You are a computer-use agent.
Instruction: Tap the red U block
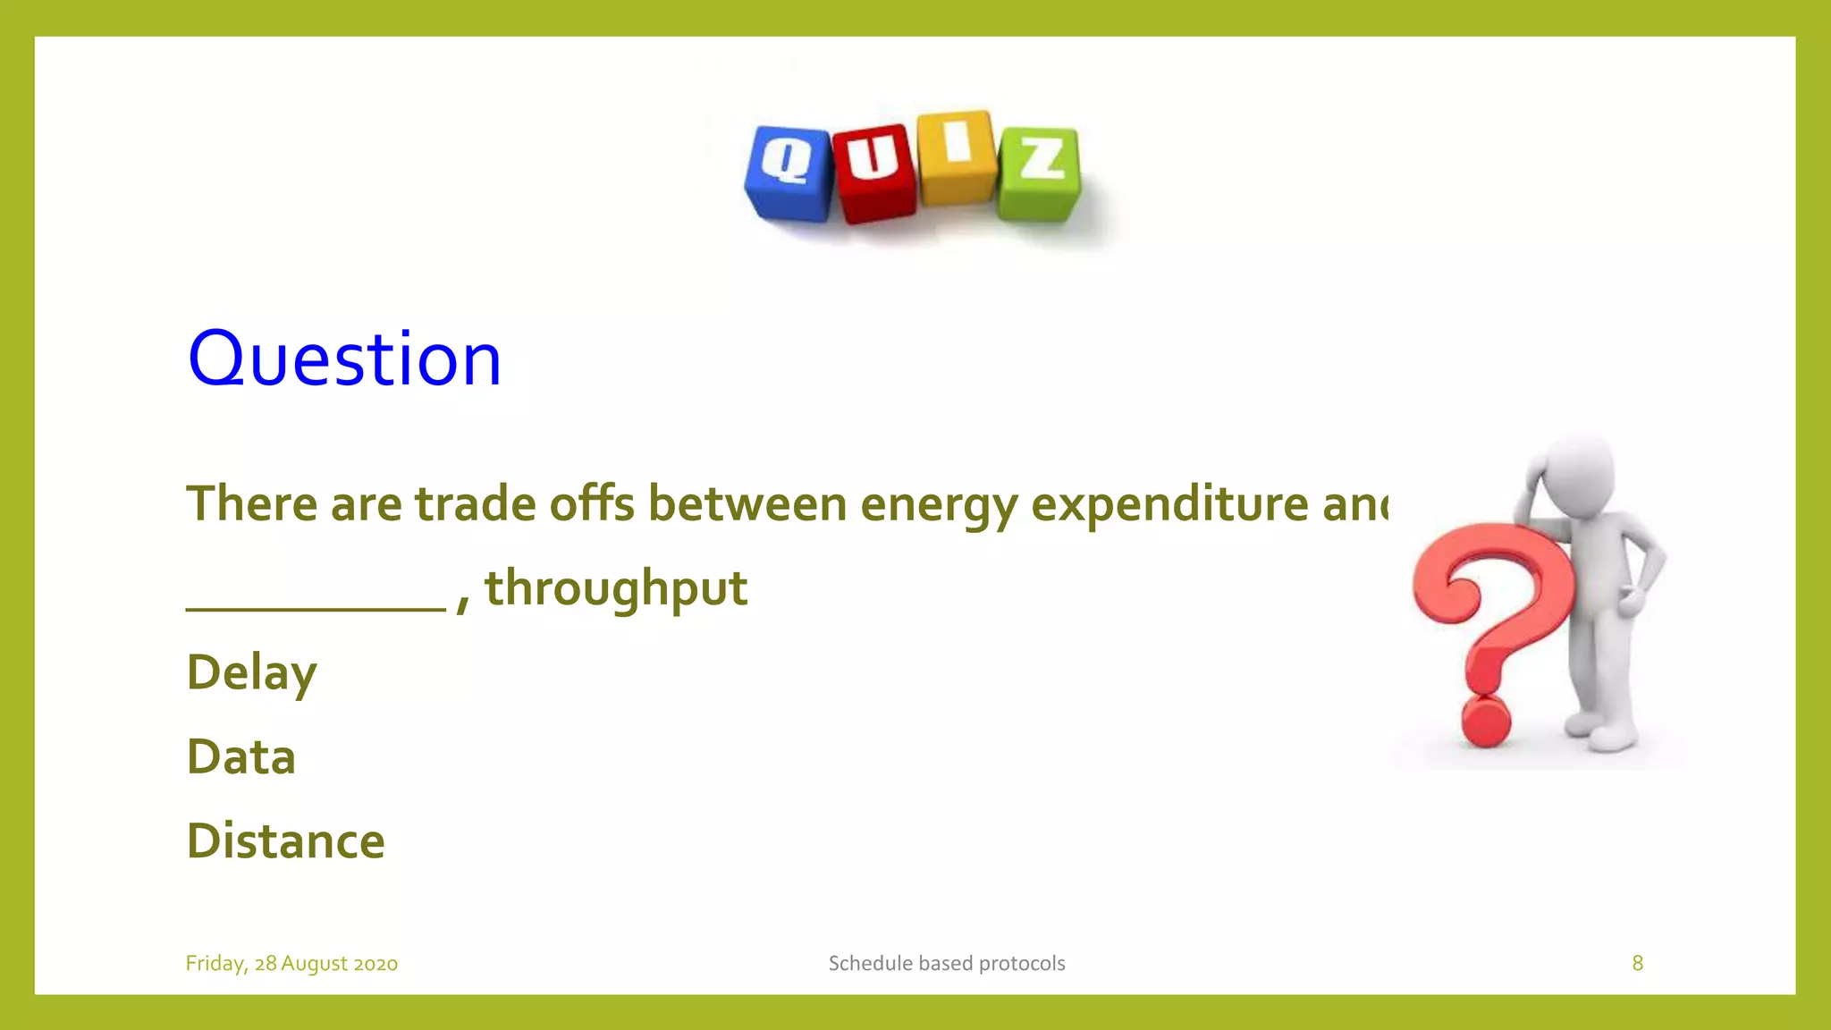(873, 173)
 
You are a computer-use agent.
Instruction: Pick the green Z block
(1040, 173)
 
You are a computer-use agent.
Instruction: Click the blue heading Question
(344, 359)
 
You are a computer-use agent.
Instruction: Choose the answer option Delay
(251, 673)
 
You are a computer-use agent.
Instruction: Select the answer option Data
(240, 757)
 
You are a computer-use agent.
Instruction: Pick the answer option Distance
(285, 841)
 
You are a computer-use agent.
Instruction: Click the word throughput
(615, 589)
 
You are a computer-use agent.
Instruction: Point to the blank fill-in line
(315, 608)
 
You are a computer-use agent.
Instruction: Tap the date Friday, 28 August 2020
(291, 964)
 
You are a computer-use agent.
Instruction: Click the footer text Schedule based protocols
(946, 964)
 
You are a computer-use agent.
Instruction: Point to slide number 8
(1637, 963)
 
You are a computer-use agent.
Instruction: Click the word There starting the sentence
(251, 503)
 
